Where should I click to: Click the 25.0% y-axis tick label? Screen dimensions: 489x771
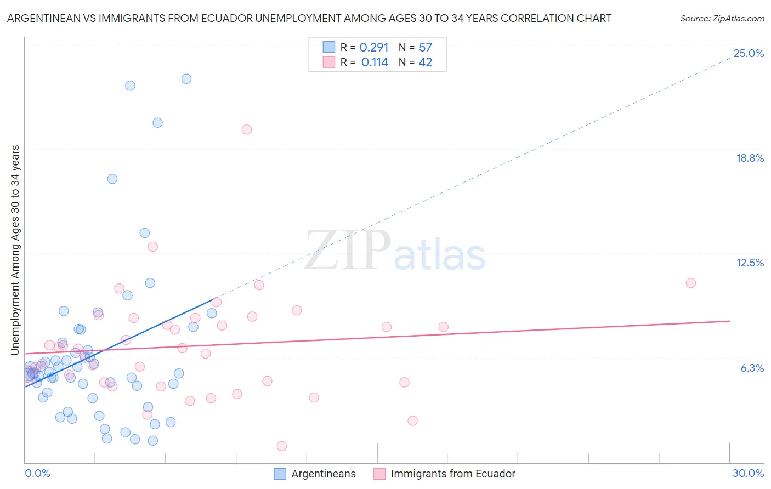[749, 53]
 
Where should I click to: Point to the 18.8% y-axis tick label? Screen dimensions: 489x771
[750, 158]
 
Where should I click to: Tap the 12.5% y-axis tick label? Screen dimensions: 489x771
[750, 263]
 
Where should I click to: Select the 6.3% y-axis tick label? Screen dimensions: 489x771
[752, 368]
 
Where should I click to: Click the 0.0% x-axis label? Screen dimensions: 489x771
[38, 473]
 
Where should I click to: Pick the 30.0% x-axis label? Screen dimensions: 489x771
[748, 473]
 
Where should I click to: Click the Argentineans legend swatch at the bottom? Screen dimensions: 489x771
[280, 474]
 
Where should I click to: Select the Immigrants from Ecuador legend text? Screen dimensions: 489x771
[453, 474]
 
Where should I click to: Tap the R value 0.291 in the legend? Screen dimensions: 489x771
[374, 48]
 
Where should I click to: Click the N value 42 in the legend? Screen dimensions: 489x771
[426, 62]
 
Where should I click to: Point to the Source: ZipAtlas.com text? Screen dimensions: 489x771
[722, 19]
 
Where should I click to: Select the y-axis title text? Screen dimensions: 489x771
[15, 250]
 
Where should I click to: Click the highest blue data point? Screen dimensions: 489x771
[186, 79]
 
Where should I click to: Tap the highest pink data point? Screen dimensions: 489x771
[247, 129]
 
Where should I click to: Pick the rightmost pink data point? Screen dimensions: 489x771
[691, 283]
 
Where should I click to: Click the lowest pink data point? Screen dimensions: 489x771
[282, 446]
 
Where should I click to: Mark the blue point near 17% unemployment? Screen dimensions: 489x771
[112, 179]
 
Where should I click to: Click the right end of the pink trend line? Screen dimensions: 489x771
[729, 321]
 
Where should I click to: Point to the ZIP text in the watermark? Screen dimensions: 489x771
[348, 251]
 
